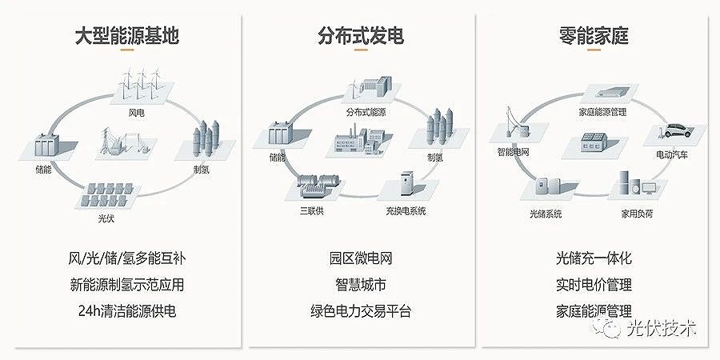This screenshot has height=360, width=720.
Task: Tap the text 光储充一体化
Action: coord(594,259)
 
